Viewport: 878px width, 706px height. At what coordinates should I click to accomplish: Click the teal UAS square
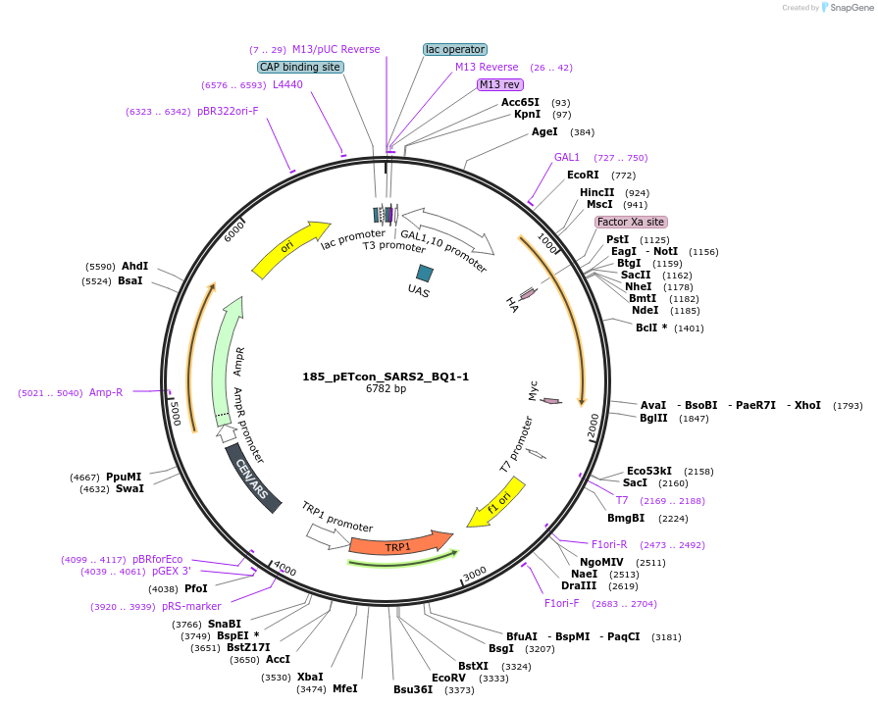coord(425,274)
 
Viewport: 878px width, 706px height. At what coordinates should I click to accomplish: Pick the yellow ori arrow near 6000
coord(290,247)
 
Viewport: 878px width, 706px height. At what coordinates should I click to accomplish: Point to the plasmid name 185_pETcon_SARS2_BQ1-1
coord(386,377)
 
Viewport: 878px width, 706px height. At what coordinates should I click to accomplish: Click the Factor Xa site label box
coord(631,223)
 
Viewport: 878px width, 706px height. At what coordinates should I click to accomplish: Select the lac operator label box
coord(455,49)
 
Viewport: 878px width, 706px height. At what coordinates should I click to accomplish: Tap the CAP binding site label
coord(300,67)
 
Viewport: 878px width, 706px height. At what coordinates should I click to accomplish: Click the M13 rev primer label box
coord(500,84)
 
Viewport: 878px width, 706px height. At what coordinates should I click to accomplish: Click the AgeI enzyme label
coord(544,131)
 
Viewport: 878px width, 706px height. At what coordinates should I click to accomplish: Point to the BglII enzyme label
coord(653,419)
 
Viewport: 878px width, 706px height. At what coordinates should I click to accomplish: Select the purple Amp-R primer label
coord(106,392)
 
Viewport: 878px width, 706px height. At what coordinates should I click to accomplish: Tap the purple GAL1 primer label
coord(567,157)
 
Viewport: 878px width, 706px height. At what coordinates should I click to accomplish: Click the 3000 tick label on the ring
coord(474,573)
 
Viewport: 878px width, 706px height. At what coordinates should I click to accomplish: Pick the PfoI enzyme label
coord(196,589)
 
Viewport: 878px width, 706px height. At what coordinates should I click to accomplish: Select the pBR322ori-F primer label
coord(228,112)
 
